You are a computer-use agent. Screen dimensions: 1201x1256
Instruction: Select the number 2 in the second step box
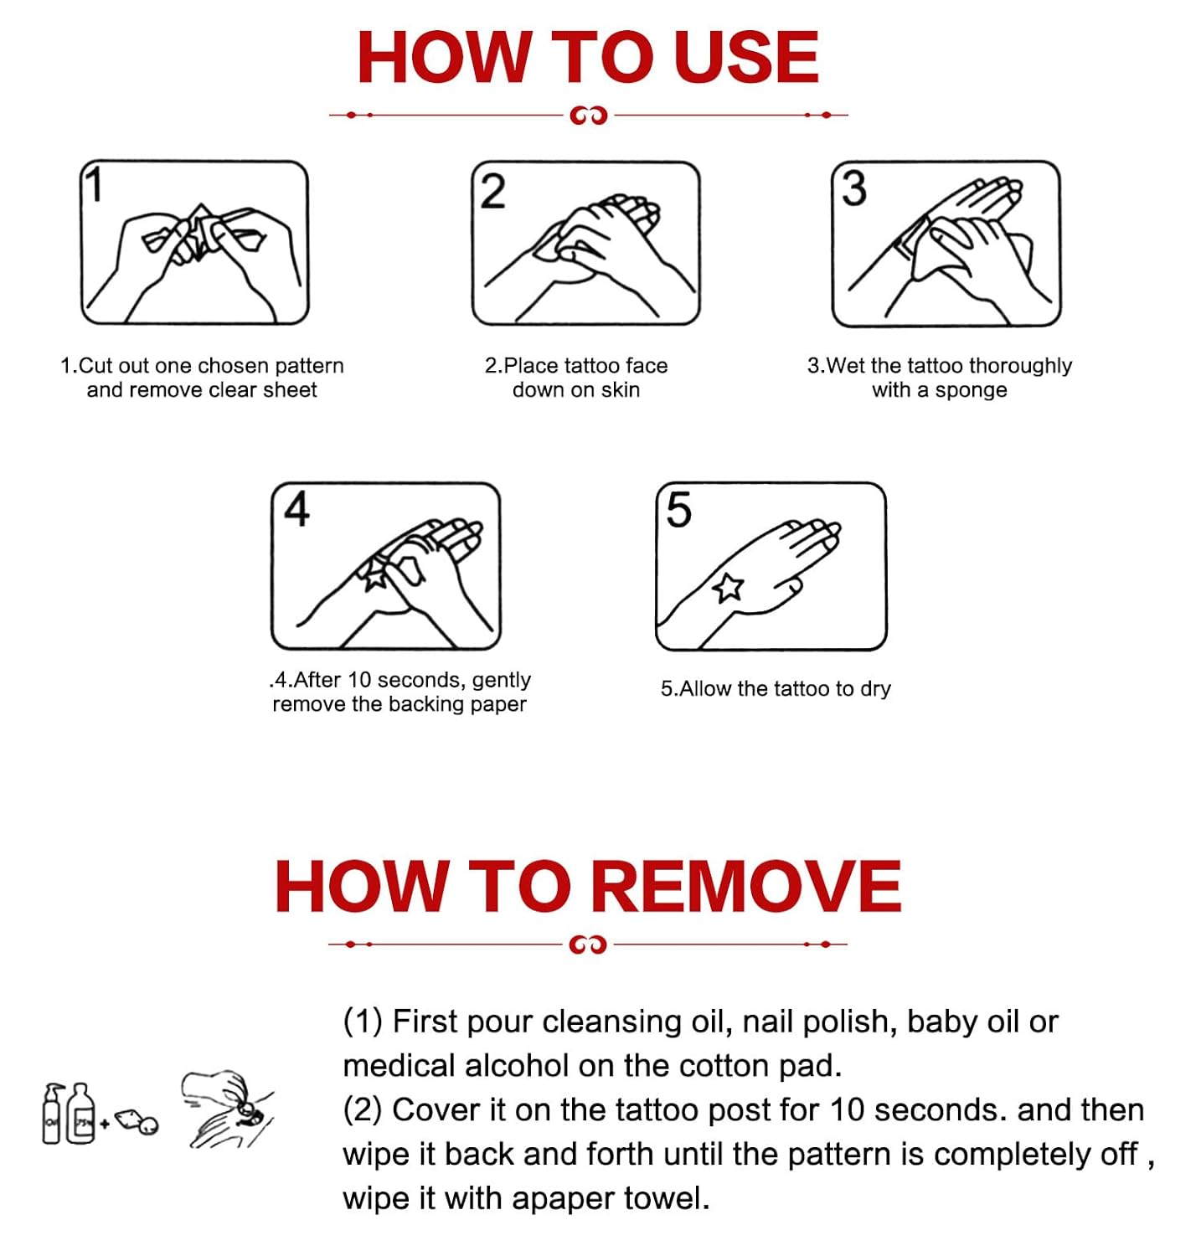click(492, 191)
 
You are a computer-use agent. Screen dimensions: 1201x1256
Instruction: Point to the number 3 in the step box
click(854, 188)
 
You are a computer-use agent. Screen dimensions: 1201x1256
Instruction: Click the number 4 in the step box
click(297, 508)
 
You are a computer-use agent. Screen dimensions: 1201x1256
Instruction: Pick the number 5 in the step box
click(678, 509)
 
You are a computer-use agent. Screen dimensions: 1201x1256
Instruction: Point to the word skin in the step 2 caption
click(621, 390)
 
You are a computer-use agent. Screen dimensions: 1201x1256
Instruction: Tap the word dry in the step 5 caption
click(875, 689)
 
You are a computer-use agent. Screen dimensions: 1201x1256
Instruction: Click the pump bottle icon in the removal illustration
click(54, 1114)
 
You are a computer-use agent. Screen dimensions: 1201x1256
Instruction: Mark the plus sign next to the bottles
click(105, 1123)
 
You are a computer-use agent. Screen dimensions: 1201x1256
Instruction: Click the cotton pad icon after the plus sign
click(137, 1121)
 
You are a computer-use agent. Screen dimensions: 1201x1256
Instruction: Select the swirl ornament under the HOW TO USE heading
click(588, 115)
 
